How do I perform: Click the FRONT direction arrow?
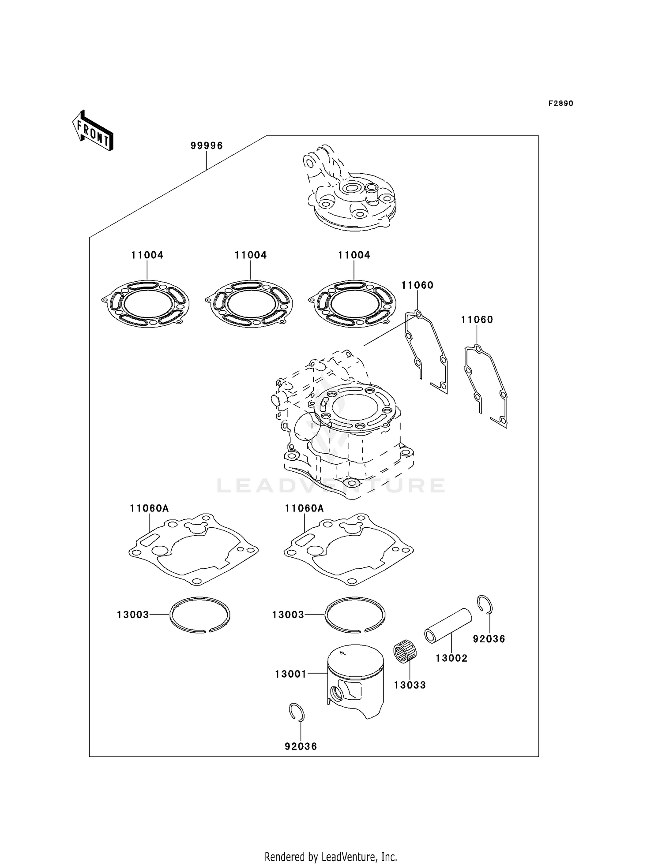[x=93, y=131]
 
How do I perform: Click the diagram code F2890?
[x=560, y=104]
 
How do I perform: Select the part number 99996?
[x=207, y=145]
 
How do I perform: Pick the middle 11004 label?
[x=250, y=255]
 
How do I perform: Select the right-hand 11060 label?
[x=477, y=319]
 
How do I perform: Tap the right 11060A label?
[x=304, y=508]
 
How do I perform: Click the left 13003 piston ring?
[x=200, y=615]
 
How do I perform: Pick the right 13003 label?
[x=288, y=615]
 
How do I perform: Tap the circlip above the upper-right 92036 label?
[x=486, y=604]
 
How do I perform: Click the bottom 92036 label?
[x=301, y=746]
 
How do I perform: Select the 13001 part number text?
[x=290, y=674]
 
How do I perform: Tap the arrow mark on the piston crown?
[x=343, y=654]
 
